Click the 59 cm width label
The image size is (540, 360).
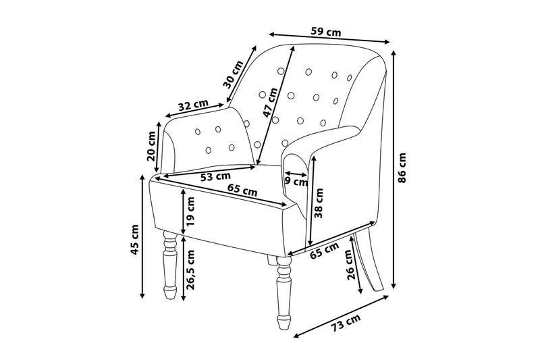point(326,32)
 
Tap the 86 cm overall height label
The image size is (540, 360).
point(402,168)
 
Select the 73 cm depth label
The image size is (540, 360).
point(346,322)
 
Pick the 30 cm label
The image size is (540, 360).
point(233,74)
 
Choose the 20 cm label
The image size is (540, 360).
point(151,146)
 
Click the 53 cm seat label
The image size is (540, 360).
point(215,177)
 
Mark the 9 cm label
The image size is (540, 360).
point(296,182)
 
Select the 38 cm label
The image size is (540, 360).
point(319,203)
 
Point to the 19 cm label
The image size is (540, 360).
point(190,211)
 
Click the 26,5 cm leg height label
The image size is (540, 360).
point(190,269)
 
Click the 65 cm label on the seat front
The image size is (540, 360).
point(242,190)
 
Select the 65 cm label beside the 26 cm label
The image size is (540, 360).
point(324,251)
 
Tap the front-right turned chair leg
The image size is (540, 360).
point(284,292)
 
